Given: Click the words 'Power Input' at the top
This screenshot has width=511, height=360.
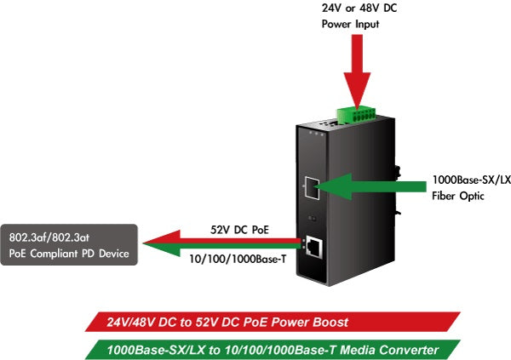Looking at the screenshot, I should click(x=350, y=24).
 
